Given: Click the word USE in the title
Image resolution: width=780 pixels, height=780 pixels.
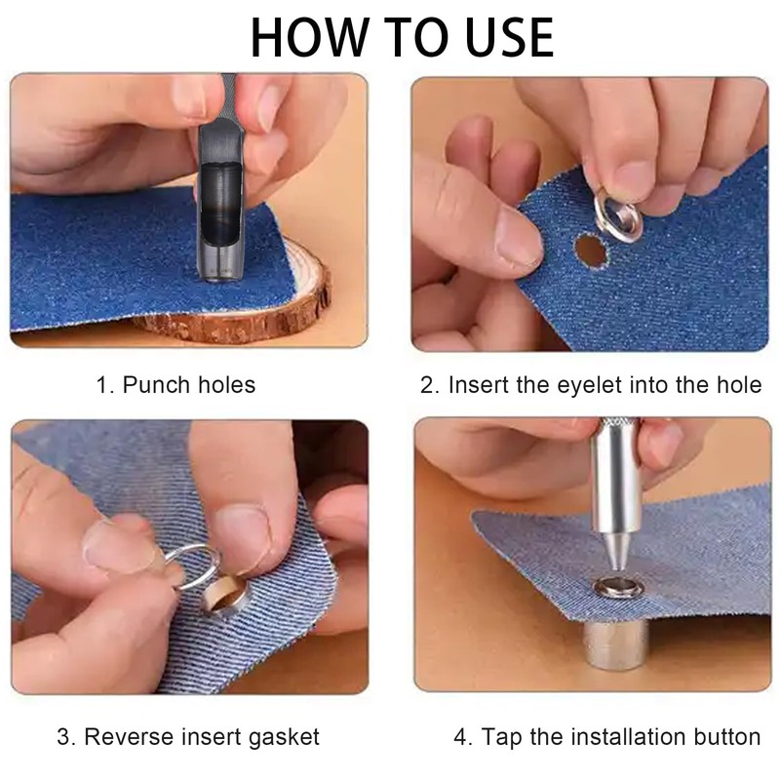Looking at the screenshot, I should pyautogui.click(x=501, y=36).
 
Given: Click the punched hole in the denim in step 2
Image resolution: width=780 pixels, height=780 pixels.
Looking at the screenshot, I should pyautogui.click(x=590, y=251).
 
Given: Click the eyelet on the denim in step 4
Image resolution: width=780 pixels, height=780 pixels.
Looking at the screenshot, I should pyautogui.click(x=612, y=589).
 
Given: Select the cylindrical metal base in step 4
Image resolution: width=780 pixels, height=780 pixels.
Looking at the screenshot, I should pyautogui.click(x=614, y=643).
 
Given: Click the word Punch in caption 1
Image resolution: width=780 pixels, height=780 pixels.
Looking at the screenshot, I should pyautogui.click(x=153, y=385).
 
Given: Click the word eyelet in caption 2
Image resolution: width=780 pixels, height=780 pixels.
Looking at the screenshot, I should pyautogui.click(x=583, y=385).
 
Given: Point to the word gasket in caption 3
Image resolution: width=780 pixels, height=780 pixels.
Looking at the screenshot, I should pyautogui.click(x=282, y=737).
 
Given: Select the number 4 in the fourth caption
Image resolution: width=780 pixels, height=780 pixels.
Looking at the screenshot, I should pyautogui.click(x=460, y=737).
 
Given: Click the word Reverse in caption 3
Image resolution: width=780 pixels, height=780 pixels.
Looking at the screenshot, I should pyautogui.click(x=123, y=737).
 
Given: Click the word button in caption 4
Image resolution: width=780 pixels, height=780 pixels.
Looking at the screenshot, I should pyautogui.click(x=727, y=737).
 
